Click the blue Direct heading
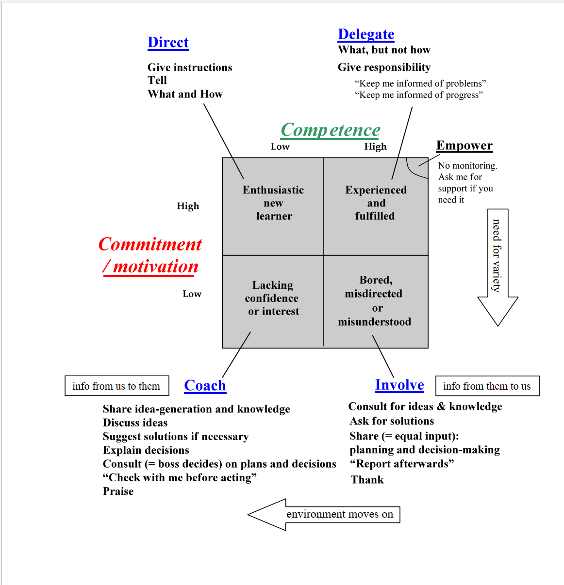[x=168, y=43]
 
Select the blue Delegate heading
[x=366, y=34]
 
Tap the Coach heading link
[x=205, y=386]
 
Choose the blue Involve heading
[x=399, y=385]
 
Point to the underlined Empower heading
[x=464, y=146]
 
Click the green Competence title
[x=330, y=130]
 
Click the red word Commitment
[x=150, y=244]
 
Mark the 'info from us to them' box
[x=116, y=386]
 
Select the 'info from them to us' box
[x=487, y=386]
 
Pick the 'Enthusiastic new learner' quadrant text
[x=273, y=203]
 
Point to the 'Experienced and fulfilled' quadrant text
[x=376, y=203]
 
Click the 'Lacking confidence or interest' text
[x=272, y=298]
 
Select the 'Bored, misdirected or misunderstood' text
[x=375, y=301]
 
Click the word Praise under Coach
[x=118, y=491]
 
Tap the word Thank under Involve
[x=367, y=480]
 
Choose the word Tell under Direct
[x=157, y=80]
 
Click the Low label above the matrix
[x=280, y=147]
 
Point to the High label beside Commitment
[x=188, y=206]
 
